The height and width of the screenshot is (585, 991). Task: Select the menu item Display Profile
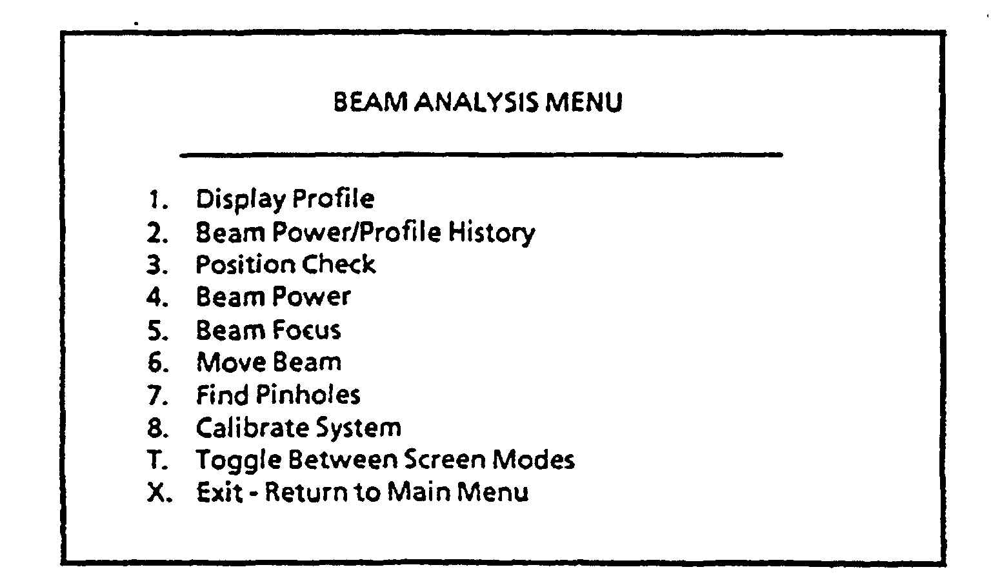285,199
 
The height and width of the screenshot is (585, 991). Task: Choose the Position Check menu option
285,264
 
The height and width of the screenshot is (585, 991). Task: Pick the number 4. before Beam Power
157,297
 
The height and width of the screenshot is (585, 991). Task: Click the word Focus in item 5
306,330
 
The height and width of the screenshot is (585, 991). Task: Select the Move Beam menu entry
268,362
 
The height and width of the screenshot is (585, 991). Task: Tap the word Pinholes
308,395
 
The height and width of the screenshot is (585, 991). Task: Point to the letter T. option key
157,461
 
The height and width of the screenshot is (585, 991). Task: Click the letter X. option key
158,493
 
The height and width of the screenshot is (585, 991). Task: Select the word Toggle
238,461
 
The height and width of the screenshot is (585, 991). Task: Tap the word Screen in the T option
445,460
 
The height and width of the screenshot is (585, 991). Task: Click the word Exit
219,493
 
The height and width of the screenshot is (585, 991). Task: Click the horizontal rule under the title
481,155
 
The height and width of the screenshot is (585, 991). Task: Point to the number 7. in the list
157,395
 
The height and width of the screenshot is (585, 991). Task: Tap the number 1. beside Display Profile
158,199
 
